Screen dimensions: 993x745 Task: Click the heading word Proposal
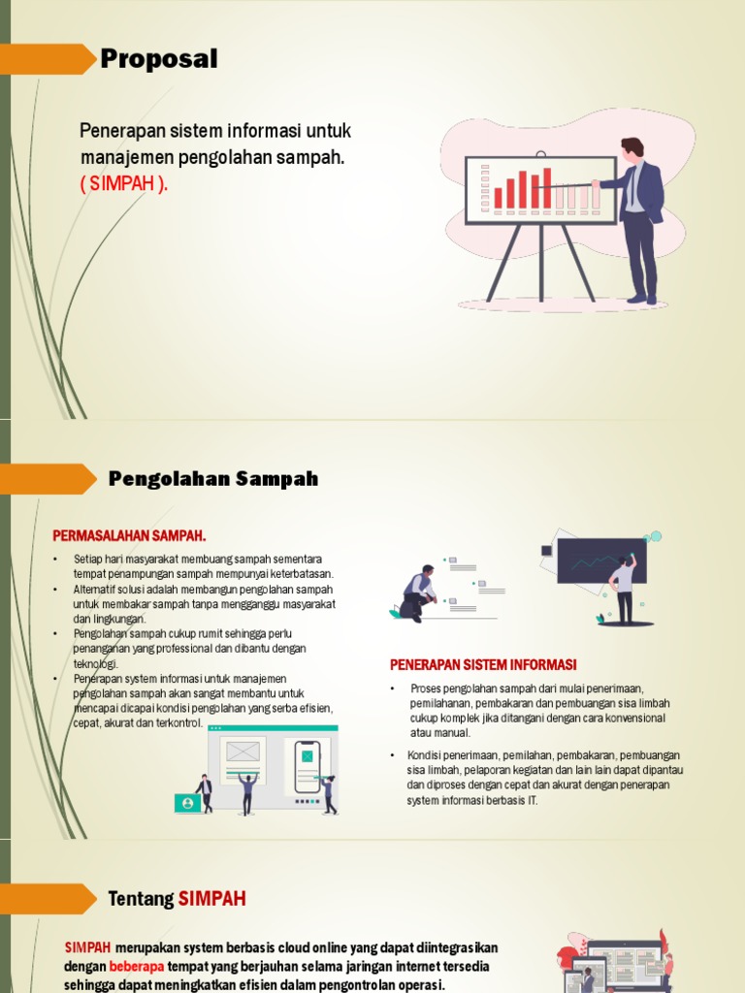[159, 60]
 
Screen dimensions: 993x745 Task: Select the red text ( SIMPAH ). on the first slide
[123, 184]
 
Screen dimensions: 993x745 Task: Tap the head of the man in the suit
[632, 148]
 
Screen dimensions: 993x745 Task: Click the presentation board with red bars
[540, 190]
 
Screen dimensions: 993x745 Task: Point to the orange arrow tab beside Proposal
[49, 59]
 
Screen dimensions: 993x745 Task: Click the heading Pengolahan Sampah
[213, 479]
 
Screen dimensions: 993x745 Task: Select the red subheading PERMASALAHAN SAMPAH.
[128, 535]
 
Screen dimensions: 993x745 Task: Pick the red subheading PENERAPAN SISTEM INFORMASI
[483, 665]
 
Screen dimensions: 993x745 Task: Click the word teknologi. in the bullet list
[96, 664]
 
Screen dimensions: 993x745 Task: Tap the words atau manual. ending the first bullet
[440, 733]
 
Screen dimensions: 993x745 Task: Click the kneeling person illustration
[418, 593]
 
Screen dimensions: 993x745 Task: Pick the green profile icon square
[187, 803]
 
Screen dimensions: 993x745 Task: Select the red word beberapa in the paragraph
[137, 967]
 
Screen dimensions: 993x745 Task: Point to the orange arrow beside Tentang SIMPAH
[49, 899]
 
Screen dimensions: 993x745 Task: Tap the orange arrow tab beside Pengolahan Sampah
[49, 479]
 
